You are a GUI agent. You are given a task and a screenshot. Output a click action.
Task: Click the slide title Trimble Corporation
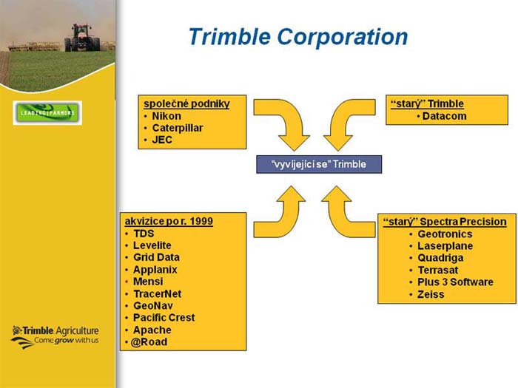click(x=298, y=36)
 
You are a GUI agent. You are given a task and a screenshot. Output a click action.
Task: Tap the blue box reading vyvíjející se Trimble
click(x=319, y=164)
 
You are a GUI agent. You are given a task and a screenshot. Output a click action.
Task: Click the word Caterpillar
click(x=178, y=128)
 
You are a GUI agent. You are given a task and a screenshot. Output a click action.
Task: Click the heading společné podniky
click(x=186, y=103)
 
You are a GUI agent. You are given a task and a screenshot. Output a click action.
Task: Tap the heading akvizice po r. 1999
click(x=169, y=221)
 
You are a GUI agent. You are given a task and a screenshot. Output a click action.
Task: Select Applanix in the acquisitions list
click(x=155, y=270)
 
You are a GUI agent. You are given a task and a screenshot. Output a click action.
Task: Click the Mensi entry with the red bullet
click(x=148, y=282)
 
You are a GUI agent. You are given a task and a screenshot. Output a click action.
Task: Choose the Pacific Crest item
click(x=164, y=317)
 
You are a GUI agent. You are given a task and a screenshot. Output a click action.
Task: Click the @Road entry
click(x=149, y=341)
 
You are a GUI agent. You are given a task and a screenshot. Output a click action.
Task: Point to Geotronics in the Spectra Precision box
click(x=445, y=234)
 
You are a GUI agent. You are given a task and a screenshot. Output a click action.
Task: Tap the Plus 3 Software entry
click(x=455, y=282)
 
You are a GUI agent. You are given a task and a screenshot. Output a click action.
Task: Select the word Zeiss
click(x=431, y=294)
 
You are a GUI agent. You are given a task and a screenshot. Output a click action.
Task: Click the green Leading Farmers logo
click(x=47, y=113)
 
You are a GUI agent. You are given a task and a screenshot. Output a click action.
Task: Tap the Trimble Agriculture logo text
click(x=55, y=336)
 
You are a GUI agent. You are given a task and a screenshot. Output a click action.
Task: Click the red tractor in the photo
click(x=81, y=37)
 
